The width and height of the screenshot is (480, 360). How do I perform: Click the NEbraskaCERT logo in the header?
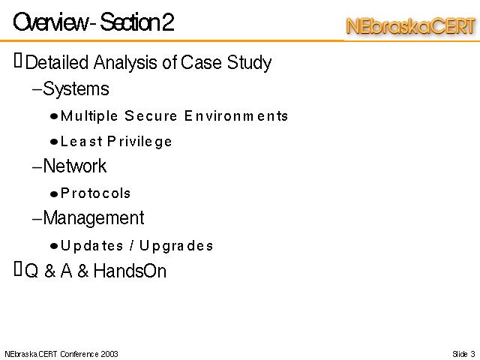[411, 26]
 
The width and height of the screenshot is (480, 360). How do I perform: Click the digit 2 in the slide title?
[168, 22]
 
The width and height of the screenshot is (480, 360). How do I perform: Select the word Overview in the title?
[50, 22]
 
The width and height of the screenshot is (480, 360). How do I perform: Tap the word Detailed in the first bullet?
[57, 62]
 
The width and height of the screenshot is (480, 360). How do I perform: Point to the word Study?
[249, 64]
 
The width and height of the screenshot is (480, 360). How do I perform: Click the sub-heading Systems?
[76, 89]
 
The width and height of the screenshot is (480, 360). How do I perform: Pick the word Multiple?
[89, 116]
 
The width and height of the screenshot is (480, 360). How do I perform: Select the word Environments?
[236, 115]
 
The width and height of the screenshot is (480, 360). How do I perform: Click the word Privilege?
[139, 142]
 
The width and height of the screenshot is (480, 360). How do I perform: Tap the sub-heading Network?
[75, 166]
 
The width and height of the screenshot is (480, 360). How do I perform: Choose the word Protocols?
[95, 193]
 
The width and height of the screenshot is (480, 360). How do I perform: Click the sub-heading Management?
[94, 218]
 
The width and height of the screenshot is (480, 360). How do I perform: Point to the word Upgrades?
[176, 246]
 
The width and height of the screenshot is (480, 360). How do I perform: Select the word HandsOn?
[130, 271]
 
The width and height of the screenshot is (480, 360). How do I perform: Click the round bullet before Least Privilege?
[54, 142]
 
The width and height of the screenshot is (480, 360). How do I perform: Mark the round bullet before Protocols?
[54, 194]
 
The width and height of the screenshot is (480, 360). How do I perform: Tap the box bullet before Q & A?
[18, 268]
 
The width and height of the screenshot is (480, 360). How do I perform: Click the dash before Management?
[37, 219]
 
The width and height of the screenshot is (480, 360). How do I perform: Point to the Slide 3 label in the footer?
[463, 354]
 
